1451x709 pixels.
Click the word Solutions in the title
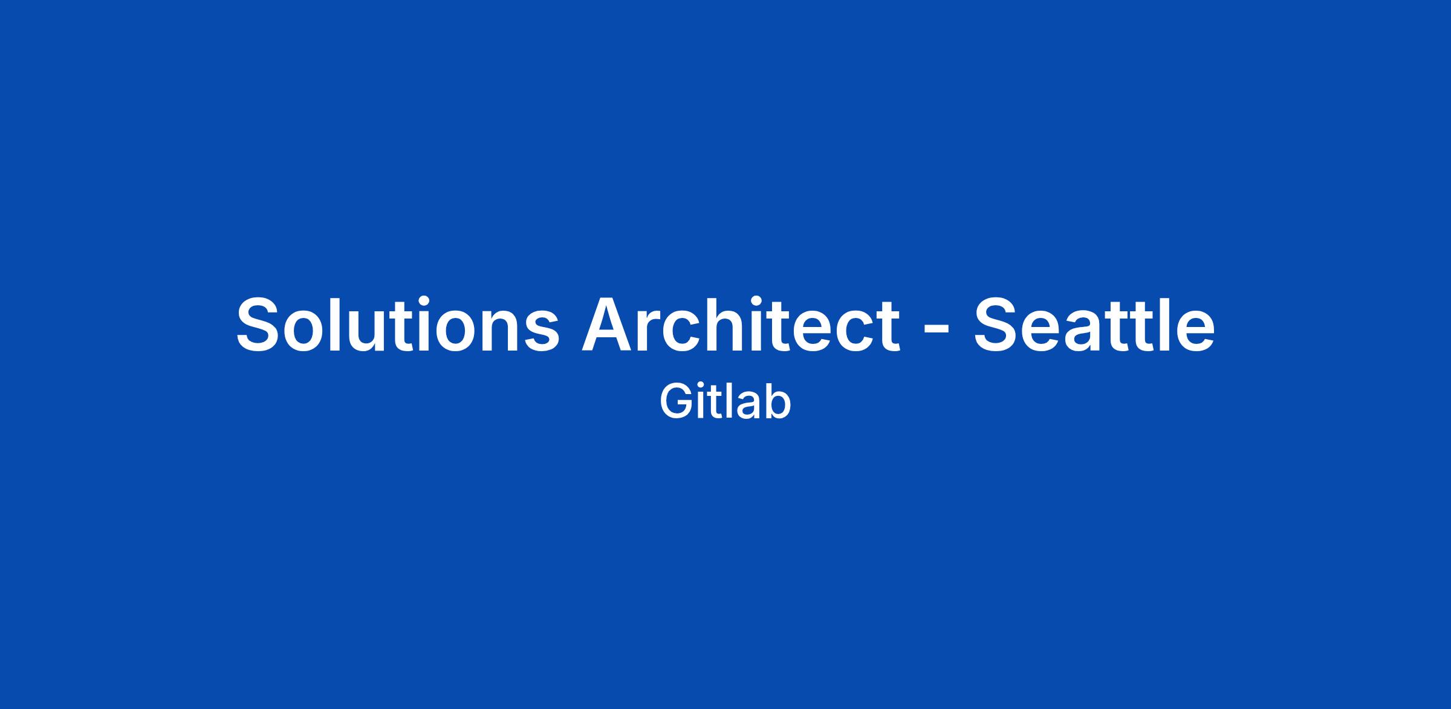pyautogui.click(x=398, y=324)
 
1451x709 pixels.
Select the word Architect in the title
pyautogui.click(x=741, y=324)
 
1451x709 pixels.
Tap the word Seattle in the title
pyautogui.click(x=1094, y=324)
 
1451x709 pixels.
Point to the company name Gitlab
pyautogui.click(x=725, y=401)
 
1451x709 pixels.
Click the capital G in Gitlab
pyautogui.click(x=675, y=401)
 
